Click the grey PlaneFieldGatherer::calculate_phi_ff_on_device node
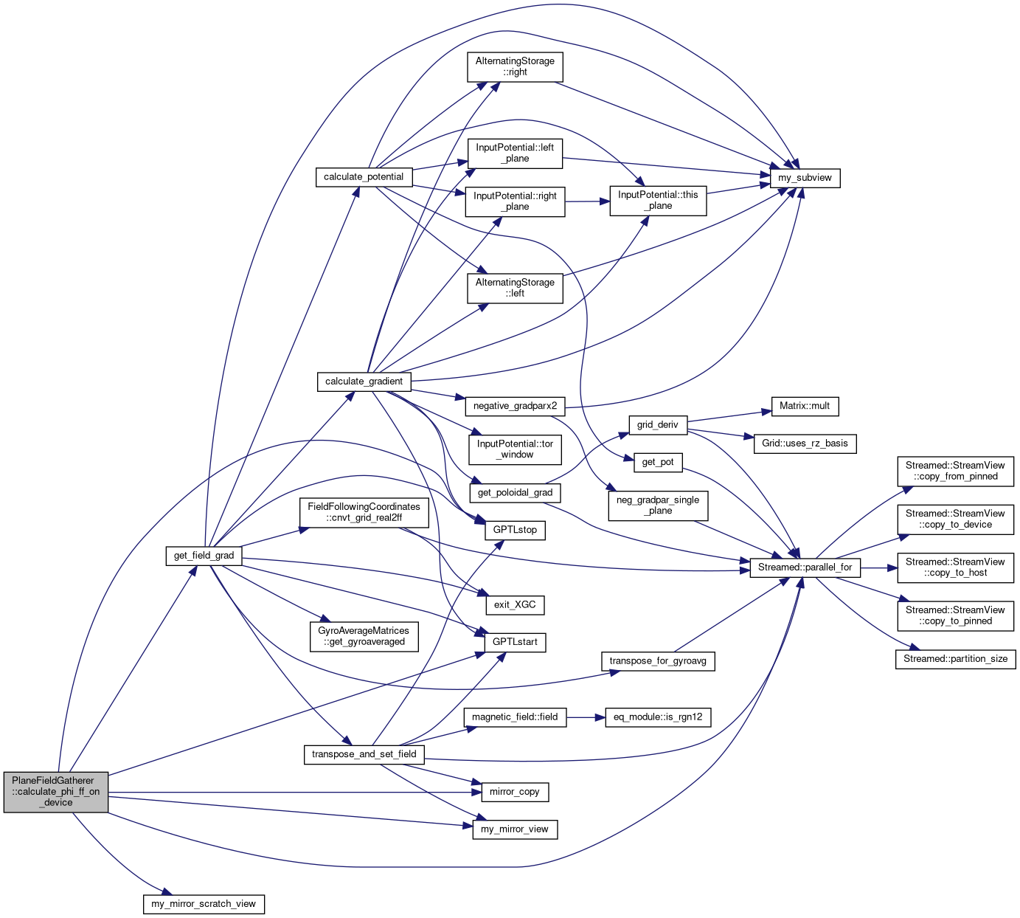56,792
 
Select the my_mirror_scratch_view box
204,904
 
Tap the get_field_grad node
204,556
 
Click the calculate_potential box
364,177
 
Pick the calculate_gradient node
364,382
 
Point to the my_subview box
805,178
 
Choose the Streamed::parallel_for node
805,567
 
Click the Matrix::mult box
805,406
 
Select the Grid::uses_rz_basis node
805,444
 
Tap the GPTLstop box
515,530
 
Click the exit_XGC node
515,605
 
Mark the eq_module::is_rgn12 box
658,717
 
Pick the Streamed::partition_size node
955,659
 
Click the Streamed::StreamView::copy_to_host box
955,567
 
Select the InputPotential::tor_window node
515,449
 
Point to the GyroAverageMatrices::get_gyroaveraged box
364,636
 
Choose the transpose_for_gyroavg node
658,661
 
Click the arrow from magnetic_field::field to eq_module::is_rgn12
586,717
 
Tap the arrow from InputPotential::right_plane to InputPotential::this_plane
587,201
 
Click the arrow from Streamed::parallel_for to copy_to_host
878,567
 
